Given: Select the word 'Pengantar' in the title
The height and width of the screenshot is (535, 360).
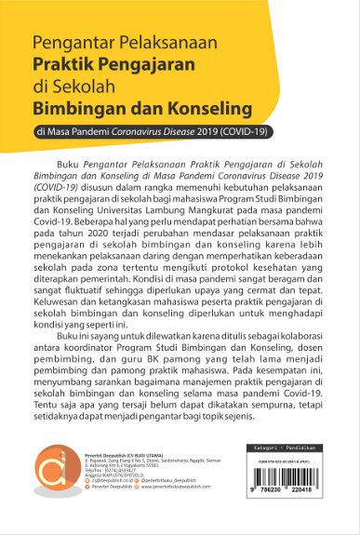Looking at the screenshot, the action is click(67, 43).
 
